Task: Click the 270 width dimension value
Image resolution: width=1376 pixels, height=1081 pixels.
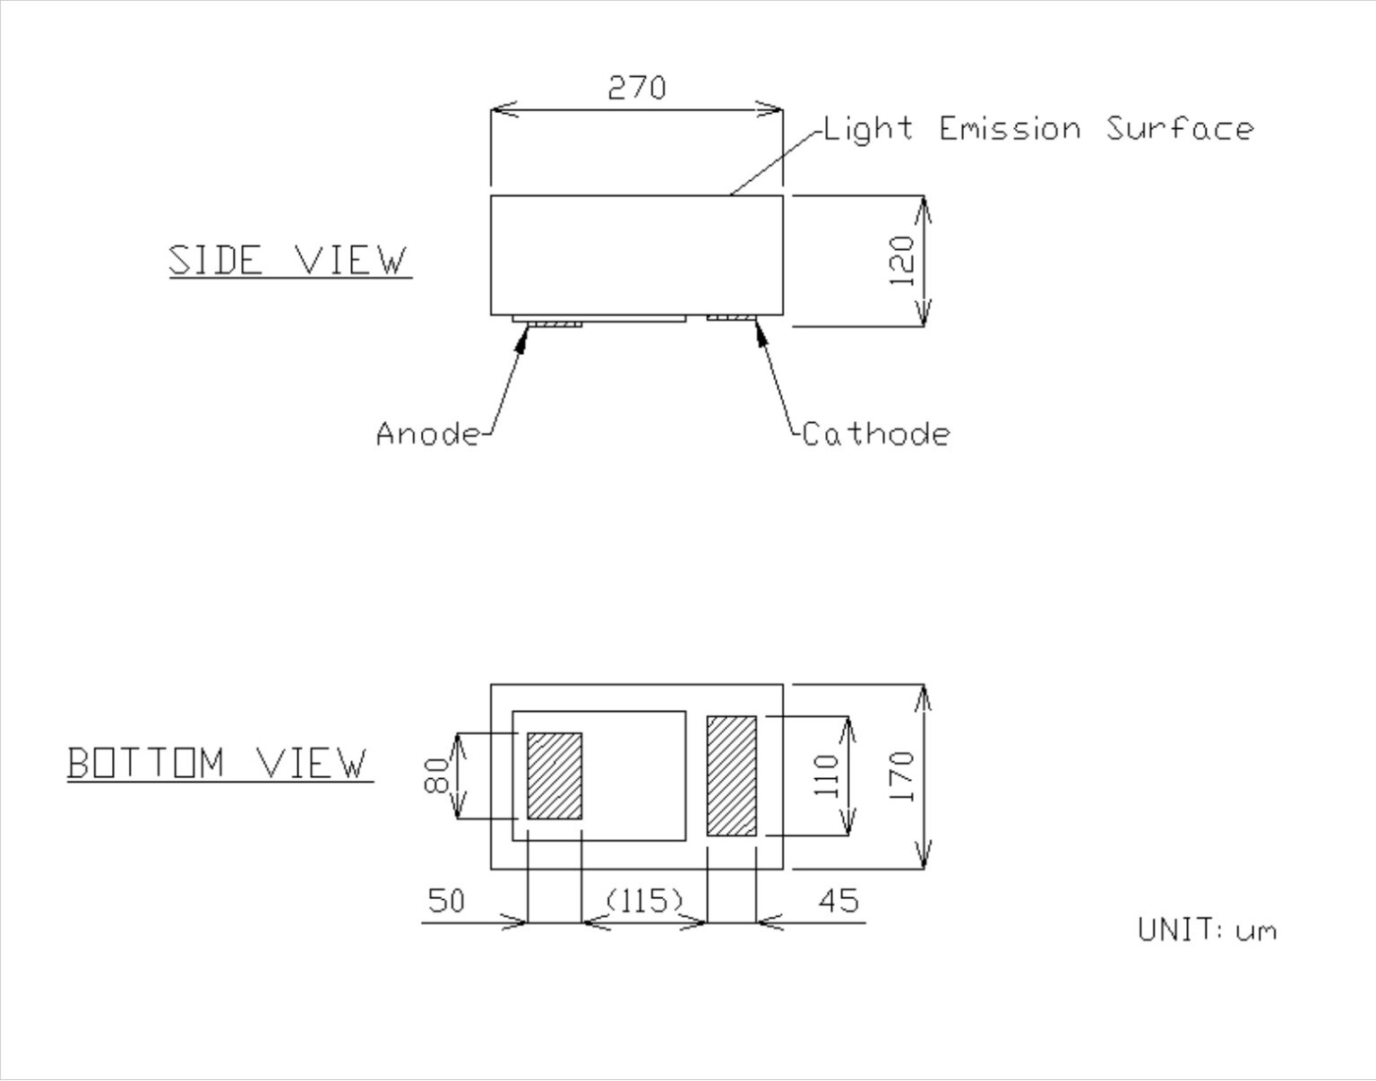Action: pyautogui.click(x=637, y=88)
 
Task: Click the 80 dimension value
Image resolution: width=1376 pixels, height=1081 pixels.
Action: pyautogui.click(x=436, y=776)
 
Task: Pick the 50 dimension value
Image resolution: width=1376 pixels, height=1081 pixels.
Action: pyautogui.click(x=447, y=900)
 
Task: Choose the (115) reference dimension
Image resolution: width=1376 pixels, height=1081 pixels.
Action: pyautogui.click(x=645, y=899)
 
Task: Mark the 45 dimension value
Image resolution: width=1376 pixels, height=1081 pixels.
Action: pyautogui.click(x=838, y=900)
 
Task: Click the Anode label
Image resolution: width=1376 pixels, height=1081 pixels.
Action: pyautogui.click(x=428, y=434)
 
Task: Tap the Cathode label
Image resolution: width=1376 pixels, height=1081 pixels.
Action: pyautogui.click(x=875, y=434)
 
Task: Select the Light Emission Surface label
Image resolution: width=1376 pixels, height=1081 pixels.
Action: pyautogui.click(x=1038, y=129)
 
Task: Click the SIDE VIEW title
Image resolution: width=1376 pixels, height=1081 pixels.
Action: pyautogui.click(x=288, y=261)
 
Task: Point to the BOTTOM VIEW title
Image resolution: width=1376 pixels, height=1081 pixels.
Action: pyautogui.click(x=219, y=764)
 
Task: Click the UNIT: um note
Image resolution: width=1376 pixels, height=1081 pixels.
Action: pyautogui.click(x=1207, y=930)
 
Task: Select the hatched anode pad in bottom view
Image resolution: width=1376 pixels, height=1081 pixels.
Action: pyautogui.click(x=555, y=776)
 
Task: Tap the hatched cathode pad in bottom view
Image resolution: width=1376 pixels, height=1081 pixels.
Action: pyautogui.click(x=732, y=776)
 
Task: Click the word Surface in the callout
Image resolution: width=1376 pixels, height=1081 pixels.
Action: pyautogui.click(x=1179, y=129)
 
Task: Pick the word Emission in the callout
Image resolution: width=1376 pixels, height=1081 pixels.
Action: pyautogui.click(x=1010, y=129)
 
